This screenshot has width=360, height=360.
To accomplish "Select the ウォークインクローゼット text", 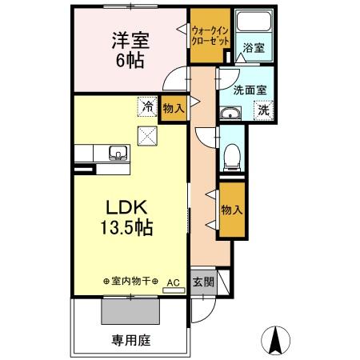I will (x=210, y=36).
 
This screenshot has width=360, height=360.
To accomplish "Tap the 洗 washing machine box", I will (x=263, y=110).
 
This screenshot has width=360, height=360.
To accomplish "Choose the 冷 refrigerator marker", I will (x=146, y=105).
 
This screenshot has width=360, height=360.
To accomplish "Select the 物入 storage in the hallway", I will (x=232, y=210).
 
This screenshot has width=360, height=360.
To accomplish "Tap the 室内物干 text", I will (x=131, y=282).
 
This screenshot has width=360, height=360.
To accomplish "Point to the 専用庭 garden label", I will (x=131, y=338).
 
